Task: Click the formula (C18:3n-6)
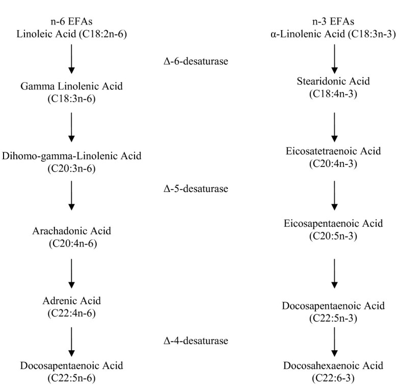point(71,98)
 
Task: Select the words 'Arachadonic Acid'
point(71,232)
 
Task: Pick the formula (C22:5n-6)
point(71,378)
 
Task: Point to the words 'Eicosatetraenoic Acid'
point(334,152)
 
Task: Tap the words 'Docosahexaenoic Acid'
point(334,366)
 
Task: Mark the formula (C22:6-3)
point(334,378)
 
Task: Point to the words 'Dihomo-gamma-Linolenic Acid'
point(71,155)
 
